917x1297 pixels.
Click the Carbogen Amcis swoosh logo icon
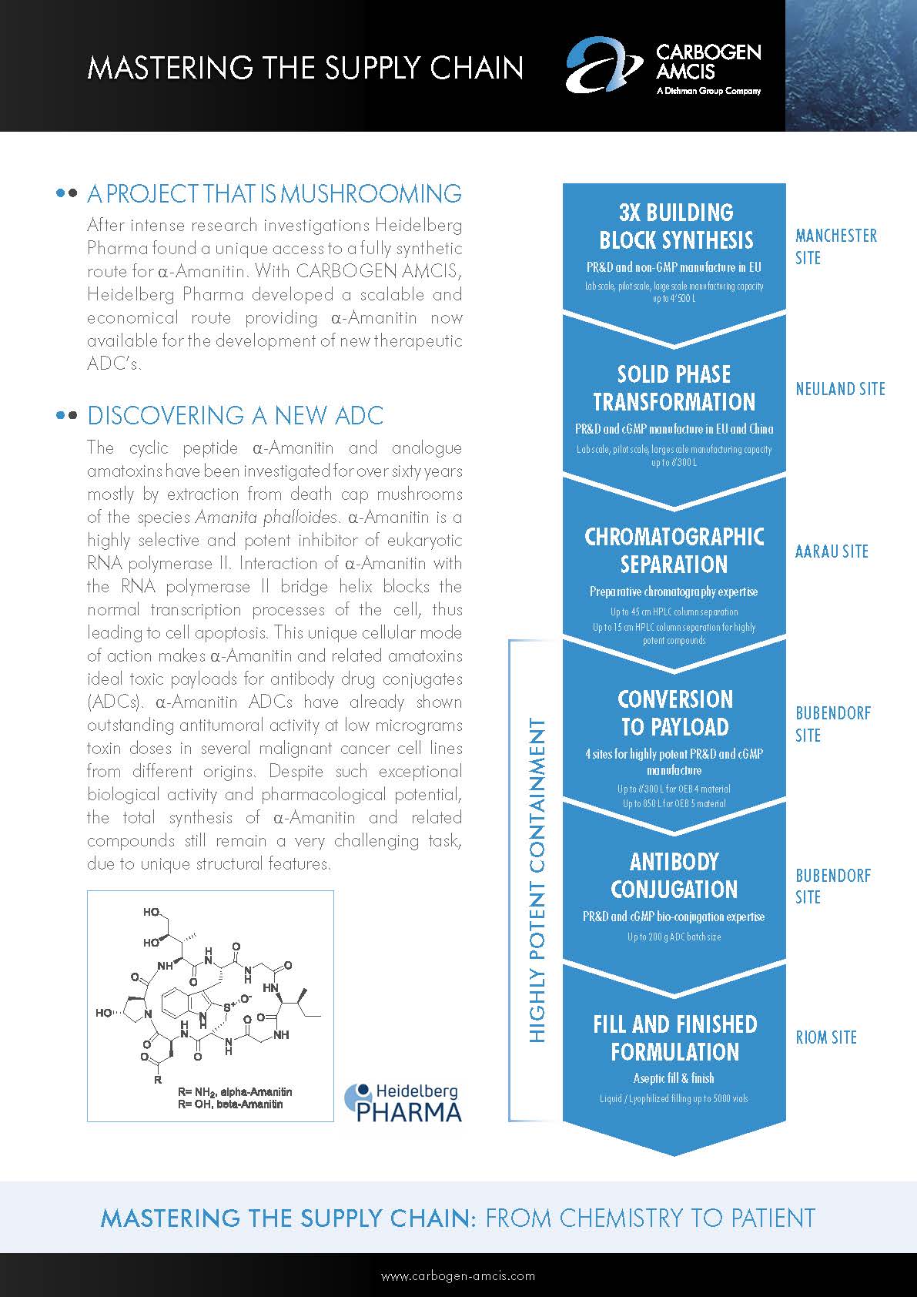pos(604,66)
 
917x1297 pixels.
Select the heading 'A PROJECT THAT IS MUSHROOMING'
pos(274,193)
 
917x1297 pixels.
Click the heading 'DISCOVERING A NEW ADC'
pos(235,416)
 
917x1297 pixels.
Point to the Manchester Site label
pos(835,246)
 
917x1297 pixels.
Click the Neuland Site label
pos(840,390)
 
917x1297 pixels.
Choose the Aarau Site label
pos(832,551)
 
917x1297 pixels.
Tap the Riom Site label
pos(826,1037)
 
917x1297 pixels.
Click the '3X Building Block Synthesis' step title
pos(676,226)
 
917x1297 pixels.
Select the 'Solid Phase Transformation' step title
pos(674,387)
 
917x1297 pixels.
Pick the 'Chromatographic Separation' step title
pos(674,550)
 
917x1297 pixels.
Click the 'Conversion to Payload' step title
pos(674,712)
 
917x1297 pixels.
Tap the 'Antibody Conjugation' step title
pos(674,875)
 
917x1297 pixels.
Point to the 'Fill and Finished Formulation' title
pos(674,1037)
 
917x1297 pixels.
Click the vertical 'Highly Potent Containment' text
pos(537,880)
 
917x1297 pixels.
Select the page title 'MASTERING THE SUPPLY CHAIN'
pos(306,68)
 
